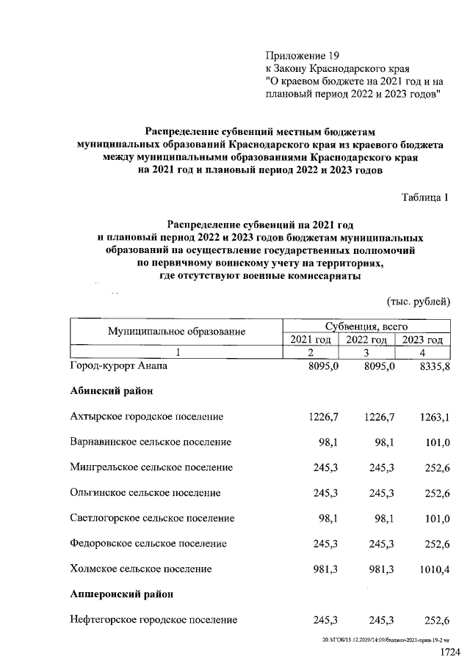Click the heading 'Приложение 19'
coord(303,55)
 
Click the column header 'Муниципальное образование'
coord(176,332)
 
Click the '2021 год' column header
coord(311,339)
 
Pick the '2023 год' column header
coord(422,339)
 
